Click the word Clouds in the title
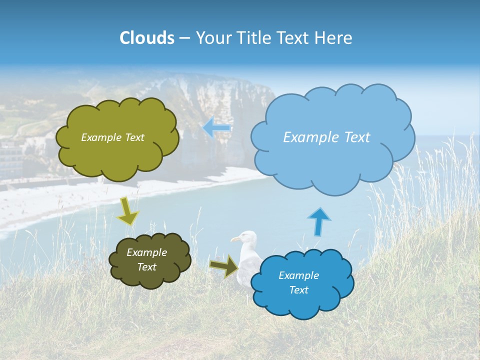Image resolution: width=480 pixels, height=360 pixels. click(147, 38)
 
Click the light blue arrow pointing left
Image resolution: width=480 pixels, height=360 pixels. click(216, 128)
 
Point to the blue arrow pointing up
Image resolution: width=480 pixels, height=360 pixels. click(319, 221)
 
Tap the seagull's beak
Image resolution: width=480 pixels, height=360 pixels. click(234, 240)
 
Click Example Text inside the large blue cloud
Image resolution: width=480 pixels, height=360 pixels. click(326, 137)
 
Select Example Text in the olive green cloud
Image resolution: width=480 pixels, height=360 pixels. click(112, 137)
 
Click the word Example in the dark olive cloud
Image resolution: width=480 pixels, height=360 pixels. click(146, 252)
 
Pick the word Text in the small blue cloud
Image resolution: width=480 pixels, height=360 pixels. click(298, 290)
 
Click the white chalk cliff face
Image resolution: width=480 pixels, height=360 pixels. click(220, 100)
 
